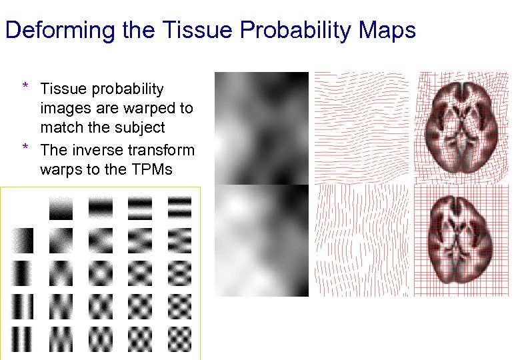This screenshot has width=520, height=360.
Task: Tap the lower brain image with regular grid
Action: coord(463,240)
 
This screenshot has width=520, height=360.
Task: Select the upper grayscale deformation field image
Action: coord(261,128)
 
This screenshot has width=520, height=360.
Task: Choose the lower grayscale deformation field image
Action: coord(261,241)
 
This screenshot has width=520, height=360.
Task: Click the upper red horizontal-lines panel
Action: coord(362,128)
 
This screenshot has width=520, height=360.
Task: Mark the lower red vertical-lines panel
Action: coord(362,241)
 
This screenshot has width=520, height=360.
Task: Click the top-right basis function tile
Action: coord(179,207)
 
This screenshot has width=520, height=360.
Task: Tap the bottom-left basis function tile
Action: coord(21,339)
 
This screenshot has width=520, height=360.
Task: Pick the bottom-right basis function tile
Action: coord(179,339)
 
